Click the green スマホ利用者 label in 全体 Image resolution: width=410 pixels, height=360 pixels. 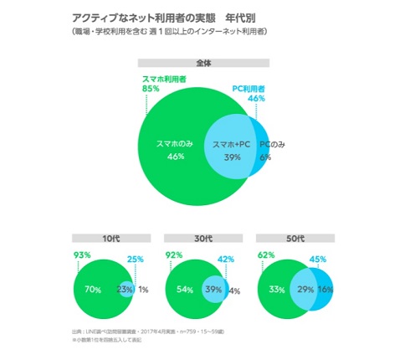[166, 79]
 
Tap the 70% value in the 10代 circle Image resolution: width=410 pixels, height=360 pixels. [93, 290]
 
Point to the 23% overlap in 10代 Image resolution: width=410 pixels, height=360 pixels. [125, 290]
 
